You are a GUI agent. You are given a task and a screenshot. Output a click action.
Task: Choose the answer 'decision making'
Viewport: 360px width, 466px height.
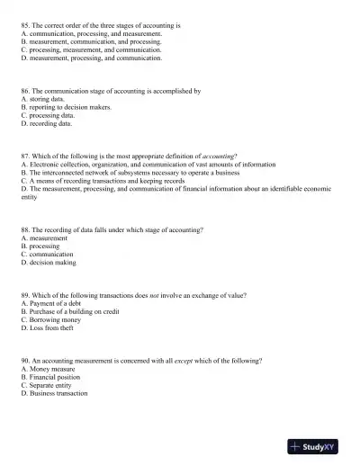tap(52, 263)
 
